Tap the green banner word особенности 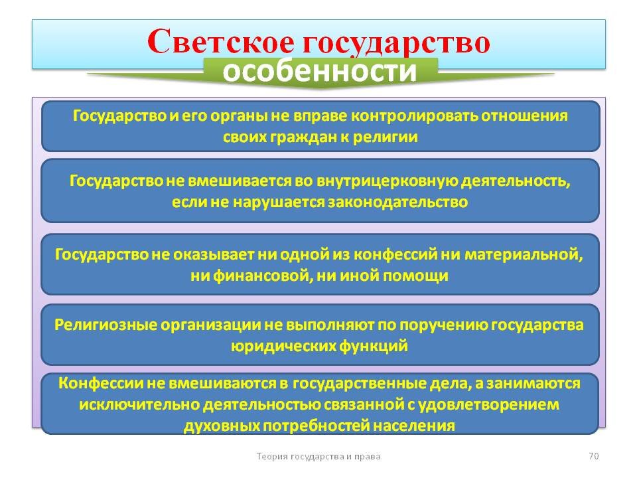coord(320,71)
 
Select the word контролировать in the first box coord(415,116)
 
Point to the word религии coord(385,137)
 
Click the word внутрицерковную coord(388,181)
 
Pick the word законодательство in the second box coord(397,202)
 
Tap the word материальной coord(524,255)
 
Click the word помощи coord(415,276)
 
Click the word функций coord(374,347)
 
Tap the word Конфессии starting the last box coord(101,383)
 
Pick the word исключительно coord(139,405)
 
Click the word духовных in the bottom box coord(222,426)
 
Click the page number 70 coord(593,456)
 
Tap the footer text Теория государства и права coord(318,457)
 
